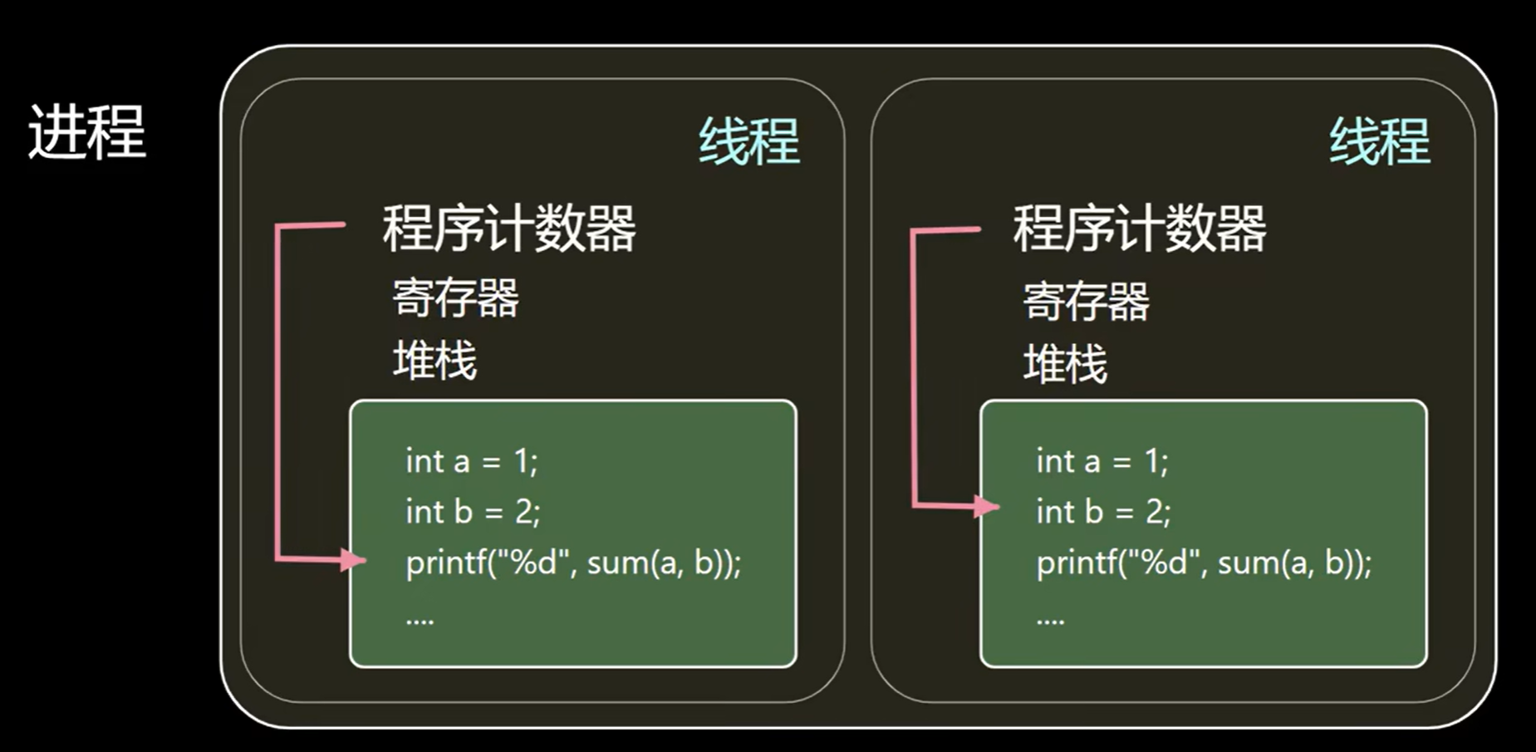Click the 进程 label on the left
87,131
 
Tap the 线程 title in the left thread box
749,140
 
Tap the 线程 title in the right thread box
1380,140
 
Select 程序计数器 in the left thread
509,228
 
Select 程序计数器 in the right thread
1140,228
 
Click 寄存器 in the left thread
455,297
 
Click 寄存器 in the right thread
1086,300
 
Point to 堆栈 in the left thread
434,360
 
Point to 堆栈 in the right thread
1065,363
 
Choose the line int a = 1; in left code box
472,461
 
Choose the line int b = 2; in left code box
473,511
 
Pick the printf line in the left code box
573,563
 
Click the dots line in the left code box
420,619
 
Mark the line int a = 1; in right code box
1102,461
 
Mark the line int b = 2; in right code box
1103,511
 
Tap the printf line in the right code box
1204,563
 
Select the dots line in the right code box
1050,619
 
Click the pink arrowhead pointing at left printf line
354,559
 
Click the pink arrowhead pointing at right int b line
987,506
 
